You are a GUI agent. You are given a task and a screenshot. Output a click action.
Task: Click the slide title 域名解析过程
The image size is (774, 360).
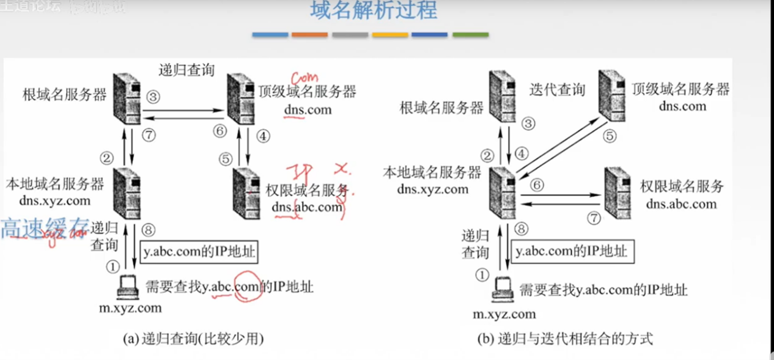click(374, 12)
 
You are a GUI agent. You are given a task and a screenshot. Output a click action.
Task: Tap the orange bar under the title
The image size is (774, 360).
click(309, 35)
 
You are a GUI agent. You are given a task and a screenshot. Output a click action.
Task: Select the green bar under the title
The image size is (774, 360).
click(470, 35)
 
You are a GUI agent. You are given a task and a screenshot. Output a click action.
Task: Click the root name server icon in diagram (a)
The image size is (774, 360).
click(127, 98)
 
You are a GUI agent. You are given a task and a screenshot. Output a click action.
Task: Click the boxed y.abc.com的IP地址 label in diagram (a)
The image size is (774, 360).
click(199, 252)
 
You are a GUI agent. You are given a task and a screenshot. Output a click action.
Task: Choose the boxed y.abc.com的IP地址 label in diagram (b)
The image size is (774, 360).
click(571, 251)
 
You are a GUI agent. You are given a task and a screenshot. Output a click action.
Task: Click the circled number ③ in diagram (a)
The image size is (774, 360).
click(153, 97)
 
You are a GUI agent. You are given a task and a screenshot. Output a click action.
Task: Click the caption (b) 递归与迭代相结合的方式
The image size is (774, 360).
click(566, 337)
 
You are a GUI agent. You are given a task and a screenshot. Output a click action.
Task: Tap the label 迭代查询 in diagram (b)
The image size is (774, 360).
click(557, 90)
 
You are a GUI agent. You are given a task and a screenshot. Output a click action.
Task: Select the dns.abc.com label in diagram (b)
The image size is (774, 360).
click(681, 204)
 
